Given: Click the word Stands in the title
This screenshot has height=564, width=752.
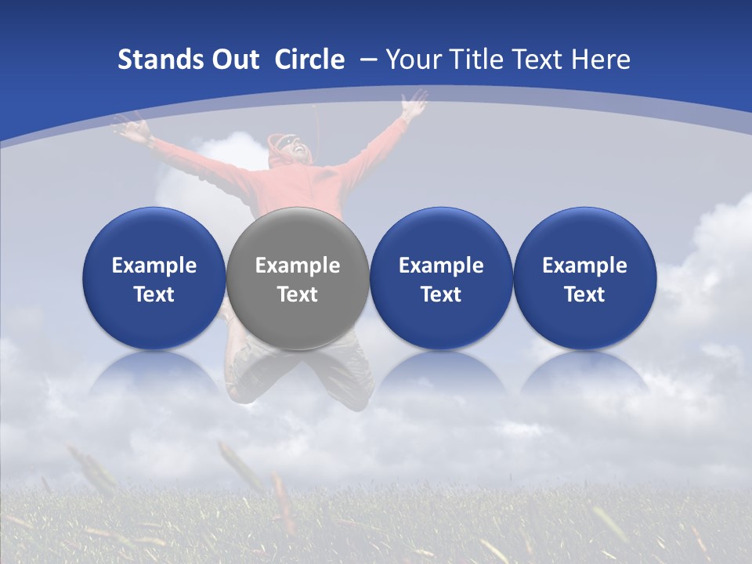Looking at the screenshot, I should [x=154, y=60].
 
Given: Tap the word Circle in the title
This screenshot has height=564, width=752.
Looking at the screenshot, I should [x=309, y=60].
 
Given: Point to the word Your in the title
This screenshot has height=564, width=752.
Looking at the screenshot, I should [x=413, y=60].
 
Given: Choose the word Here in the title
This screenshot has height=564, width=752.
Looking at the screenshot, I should [x=600, y=60].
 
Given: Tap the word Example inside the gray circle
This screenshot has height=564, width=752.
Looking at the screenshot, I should [x=297, y=266].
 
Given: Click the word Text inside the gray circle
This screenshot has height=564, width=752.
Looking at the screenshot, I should [x=297, y=295].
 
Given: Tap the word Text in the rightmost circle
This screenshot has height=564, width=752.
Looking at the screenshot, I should [x=584, y=295].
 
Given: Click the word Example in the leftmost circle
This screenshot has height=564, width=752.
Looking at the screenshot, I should [x=154, y=266].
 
